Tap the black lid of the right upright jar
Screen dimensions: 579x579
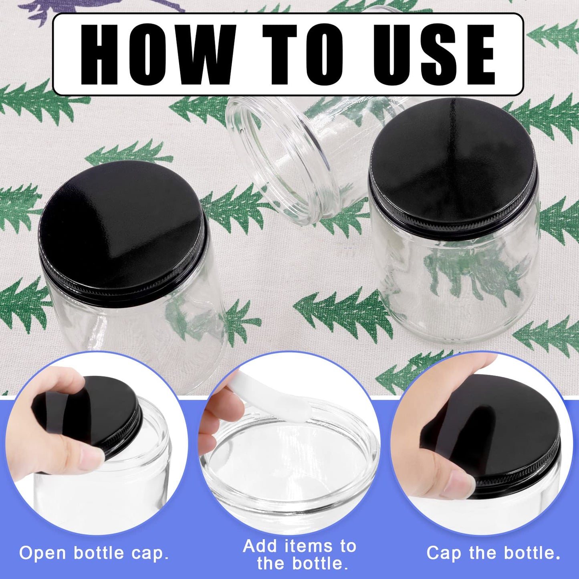(x=453, y=164)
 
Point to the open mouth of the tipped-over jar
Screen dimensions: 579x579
(x=276, y=160)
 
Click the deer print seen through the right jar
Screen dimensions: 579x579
(x=473, y=272)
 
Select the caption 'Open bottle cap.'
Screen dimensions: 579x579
(x=94, y=553)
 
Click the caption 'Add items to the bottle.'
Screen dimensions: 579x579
(x=300, y=555)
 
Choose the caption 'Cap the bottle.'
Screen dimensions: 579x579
(x=493, y=553)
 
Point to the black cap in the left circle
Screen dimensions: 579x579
(x=100, y=409)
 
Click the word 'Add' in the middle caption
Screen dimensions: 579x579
(x=260, y=546)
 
